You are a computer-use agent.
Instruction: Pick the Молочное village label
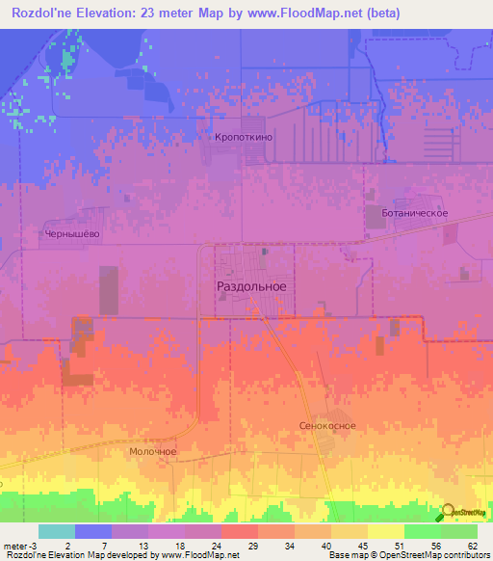[153, 450]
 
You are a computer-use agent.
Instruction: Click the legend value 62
[472, 546]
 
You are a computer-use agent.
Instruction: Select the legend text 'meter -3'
[21, 546]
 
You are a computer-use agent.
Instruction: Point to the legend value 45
[361, 546]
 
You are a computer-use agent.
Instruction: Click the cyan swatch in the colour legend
[57, 531]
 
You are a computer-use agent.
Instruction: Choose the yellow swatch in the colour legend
[385, 531]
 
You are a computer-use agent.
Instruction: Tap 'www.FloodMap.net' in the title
[309, 13]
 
